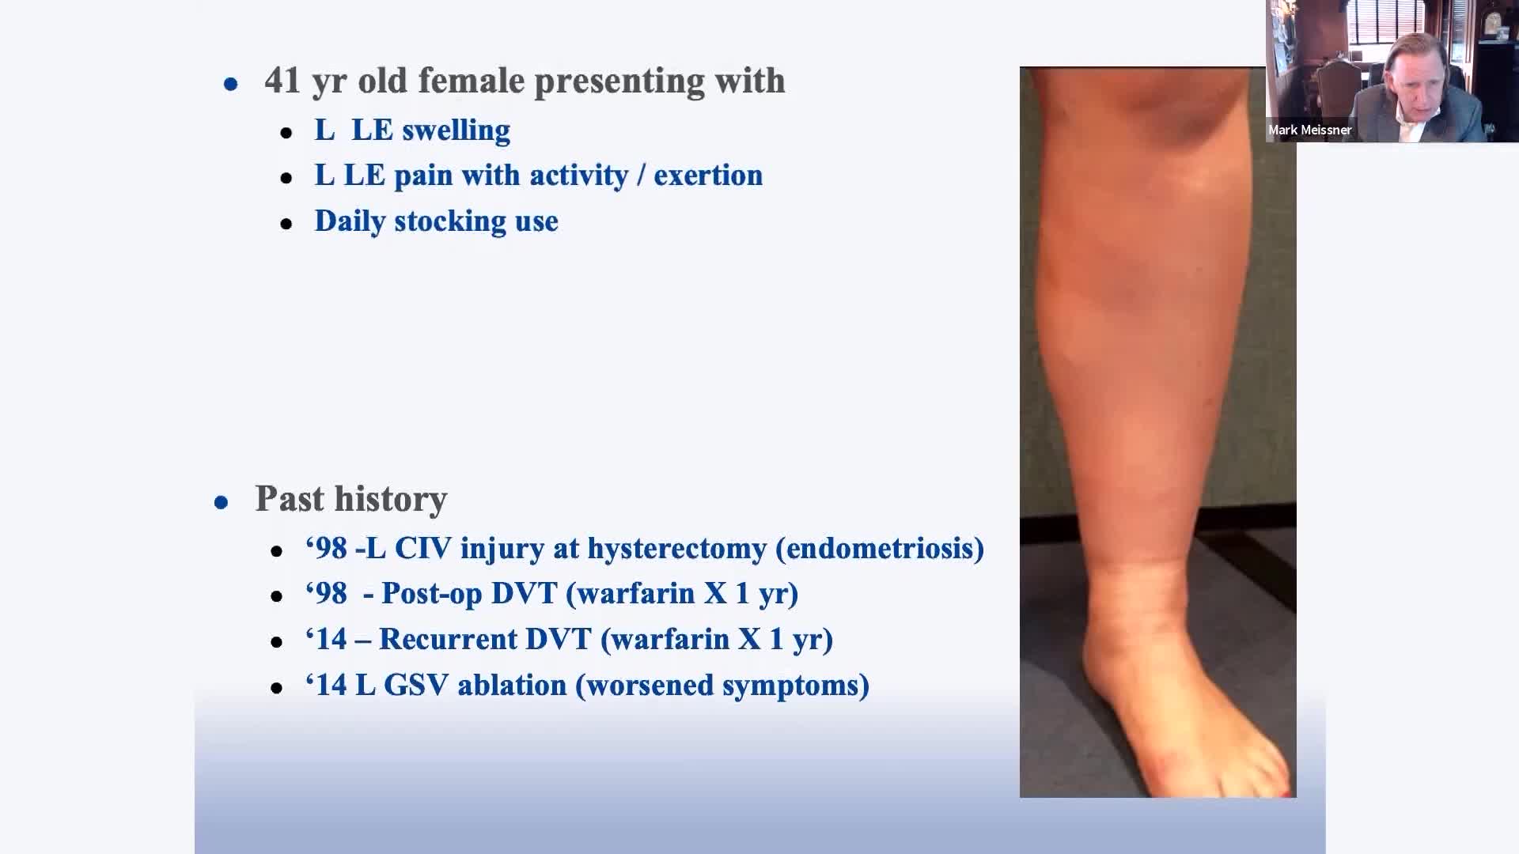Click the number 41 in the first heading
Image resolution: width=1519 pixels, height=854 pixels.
(282, 81)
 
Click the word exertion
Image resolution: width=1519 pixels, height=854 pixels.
(708, 175)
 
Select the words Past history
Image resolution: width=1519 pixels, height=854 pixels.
(351, 499)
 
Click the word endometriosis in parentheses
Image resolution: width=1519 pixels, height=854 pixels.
(880, 549)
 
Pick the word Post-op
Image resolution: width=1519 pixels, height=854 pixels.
(432, 594)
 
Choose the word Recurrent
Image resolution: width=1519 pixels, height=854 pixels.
(448, 639)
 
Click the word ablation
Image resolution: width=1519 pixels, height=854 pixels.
(512, 685)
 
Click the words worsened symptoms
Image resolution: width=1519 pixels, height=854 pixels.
(722, 686)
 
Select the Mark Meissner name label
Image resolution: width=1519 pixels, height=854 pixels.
(1309, 130)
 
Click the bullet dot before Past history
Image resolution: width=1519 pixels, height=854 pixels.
(222, 502)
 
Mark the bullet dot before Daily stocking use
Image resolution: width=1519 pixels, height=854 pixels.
(286, 225)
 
